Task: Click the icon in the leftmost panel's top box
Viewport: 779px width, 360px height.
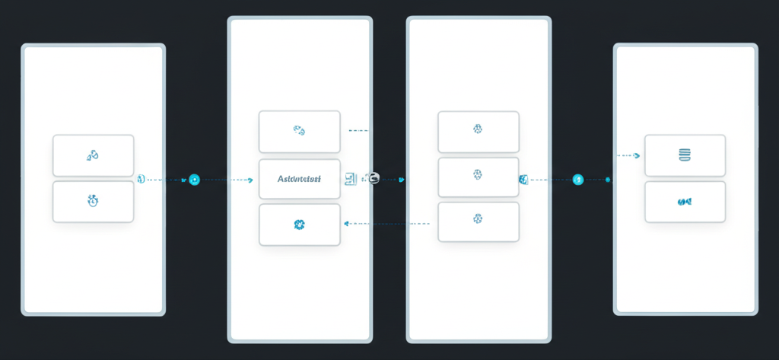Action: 93,155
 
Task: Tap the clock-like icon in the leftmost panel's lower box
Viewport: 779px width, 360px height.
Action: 93,201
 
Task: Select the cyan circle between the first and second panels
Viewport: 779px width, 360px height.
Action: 194,180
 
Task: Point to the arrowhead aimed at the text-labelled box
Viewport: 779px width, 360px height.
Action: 250,180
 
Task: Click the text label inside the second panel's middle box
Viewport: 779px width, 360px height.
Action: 299,180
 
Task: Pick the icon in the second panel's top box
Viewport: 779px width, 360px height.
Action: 299,131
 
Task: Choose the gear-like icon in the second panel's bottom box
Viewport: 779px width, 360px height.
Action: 299,225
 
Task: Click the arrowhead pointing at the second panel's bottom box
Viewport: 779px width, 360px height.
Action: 347,224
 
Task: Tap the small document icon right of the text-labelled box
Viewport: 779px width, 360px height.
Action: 350,179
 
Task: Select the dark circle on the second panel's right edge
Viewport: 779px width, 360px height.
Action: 374,178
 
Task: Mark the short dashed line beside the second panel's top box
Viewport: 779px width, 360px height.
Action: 358,131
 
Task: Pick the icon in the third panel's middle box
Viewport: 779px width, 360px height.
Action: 478,175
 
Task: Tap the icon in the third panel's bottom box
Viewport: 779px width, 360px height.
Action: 478,219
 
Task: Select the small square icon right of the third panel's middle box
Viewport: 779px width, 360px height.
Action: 523,180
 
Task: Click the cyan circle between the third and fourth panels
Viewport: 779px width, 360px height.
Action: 577,180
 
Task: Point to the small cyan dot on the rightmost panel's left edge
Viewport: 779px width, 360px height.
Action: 608,180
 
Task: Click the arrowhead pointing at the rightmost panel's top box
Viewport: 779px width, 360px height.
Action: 638,155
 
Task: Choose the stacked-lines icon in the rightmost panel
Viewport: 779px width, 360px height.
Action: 684,155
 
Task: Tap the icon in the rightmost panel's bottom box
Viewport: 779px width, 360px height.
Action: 684,202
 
